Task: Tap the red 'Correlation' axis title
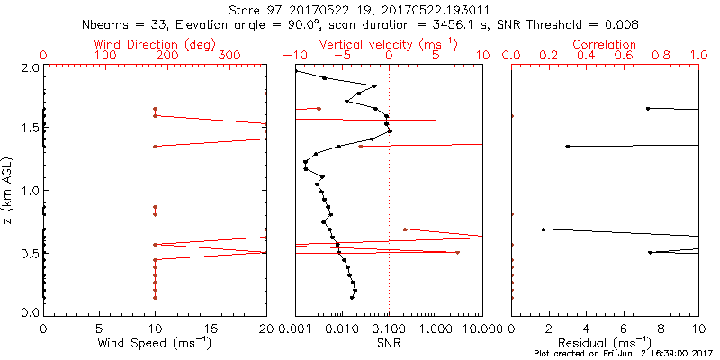tap(605, 44)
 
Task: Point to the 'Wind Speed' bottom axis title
tap(156, 342)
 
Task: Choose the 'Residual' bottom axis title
tap(605, 342)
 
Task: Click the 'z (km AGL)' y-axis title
tap(9, 191)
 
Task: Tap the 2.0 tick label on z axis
tap(29, 67)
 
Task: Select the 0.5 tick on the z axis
tap(29, 253)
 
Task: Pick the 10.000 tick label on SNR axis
tap(466, 328)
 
